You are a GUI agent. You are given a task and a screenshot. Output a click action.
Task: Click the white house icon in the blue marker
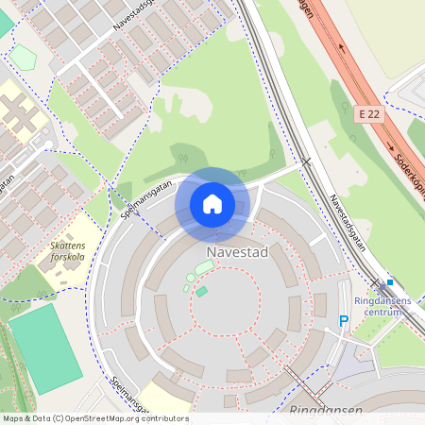(x=212, y=204)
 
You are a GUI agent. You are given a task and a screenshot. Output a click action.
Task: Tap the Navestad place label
(x=239, y=253)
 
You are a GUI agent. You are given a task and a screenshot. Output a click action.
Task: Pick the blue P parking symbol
(x=344, y=322)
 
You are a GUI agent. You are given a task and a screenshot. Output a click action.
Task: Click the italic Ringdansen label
(x=325, y=412)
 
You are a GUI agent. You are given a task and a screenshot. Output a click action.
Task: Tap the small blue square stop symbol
(x=389, y=281)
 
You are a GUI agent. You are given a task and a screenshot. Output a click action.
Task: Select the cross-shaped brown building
(x=20, y=115)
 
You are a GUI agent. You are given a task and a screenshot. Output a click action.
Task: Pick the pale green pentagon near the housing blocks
(x=23, y=58)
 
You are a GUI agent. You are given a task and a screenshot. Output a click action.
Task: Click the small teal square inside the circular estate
(x=201, y=291)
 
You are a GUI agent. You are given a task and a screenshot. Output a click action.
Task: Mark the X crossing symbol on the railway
(x=305, y=161)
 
